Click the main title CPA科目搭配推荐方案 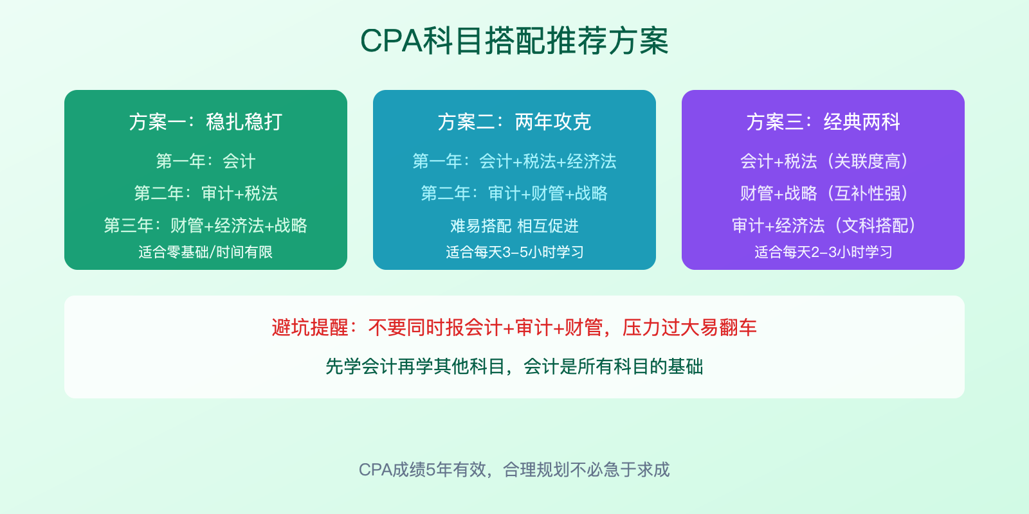click(x=514, y=41)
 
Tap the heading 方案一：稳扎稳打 click(x=206, y=122)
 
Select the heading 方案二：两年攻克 click(x=514, y=122)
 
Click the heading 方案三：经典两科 click(x=823, y=122)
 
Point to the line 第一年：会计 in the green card click(x=206, y=161)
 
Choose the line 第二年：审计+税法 click(x=206, y=193)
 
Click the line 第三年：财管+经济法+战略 click(x=206, y=226)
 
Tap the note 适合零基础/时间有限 click(x=206, y=252)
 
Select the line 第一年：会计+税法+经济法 click(x=514, y=161)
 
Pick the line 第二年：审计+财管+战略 click(x=514, y=193)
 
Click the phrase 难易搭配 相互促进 click(x=514, y=226)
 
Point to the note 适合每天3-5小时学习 click(x=514, y=252)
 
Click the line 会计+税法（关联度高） click(x=823, y=161)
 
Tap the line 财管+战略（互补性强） click(x=823, y=193)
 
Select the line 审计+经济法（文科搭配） click(x=823, y=226)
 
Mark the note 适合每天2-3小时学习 click(x=823, y=252)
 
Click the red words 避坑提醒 click(x=310, y=328)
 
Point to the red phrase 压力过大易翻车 click(x=689, y=328)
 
